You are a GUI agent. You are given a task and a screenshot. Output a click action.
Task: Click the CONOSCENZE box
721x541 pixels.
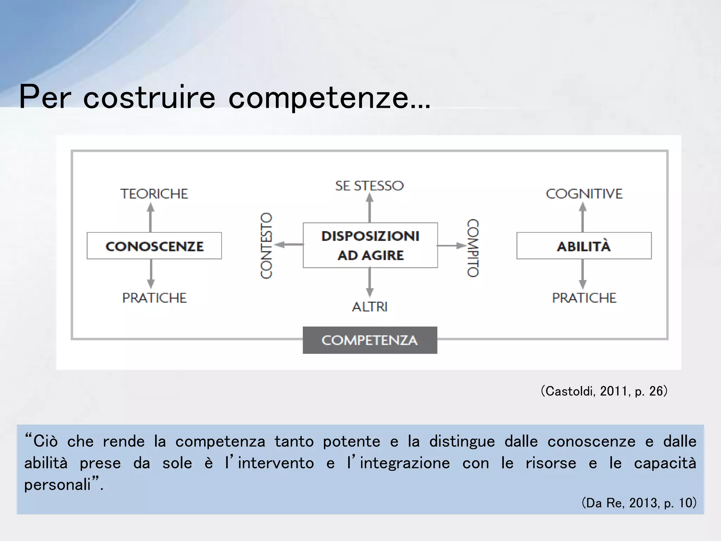coord(154,246)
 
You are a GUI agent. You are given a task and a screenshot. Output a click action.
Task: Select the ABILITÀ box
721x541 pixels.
coord(584,246)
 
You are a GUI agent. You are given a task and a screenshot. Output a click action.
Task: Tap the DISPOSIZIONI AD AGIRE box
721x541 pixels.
coord(370,245)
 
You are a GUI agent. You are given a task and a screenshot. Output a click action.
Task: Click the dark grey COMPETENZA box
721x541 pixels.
coord(370,340)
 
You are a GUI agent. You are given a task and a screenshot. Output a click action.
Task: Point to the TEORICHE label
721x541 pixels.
coord(154,194)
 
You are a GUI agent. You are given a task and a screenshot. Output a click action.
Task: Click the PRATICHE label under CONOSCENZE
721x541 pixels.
coord(154,298)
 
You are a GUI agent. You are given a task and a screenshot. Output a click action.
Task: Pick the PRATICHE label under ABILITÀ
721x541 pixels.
coord(584,298)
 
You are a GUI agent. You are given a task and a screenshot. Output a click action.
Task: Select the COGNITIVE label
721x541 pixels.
coord(584,194)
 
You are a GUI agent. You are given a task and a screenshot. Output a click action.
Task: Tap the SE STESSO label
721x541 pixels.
coord(369,186)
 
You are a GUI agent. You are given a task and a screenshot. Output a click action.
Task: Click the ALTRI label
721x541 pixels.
coord(370,307)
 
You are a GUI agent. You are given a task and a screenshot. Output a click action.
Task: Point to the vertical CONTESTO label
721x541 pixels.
coord(266,245)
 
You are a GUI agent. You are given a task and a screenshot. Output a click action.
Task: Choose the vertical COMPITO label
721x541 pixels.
coord(473,248)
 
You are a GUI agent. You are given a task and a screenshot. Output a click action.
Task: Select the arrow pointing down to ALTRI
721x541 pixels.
coord(370,282)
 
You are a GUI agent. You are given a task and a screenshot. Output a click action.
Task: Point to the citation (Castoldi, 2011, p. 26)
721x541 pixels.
coord(604,391)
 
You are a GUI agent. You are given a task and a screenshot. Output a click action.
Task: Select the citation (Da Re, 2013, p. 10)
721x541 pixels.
coord(639,503)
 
